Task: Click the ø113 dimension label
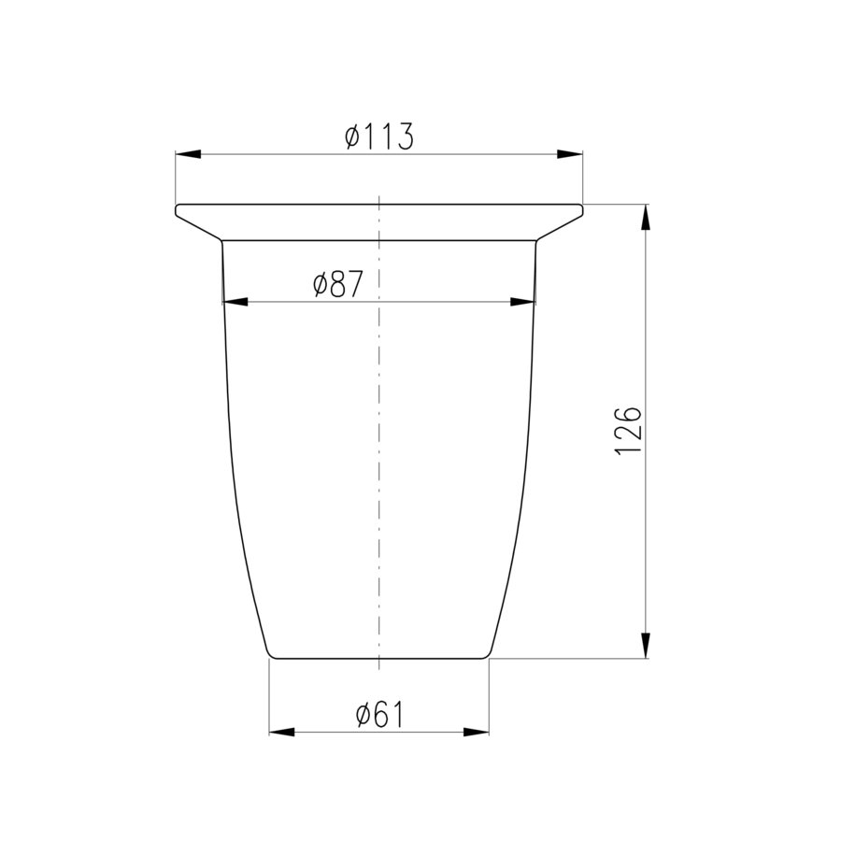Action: click(379, 136)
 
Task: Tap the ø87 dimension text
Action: click(338, 284)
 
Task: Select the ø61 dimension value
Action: click(379, 715)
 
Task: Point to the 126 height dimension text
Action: click(628, 431)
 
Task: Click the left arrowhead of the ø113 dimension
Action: click(188, 154)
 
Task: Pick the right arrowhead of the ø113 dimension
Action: click(570, 154)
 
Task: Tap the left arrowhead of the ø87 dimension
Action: click(235, 302)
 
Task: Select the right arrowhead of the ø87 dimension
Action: click(523, 302)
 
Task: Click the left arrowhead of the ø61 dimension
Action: click(281, 732)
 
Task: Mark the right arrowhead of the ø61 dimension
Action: click(477, 732)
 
